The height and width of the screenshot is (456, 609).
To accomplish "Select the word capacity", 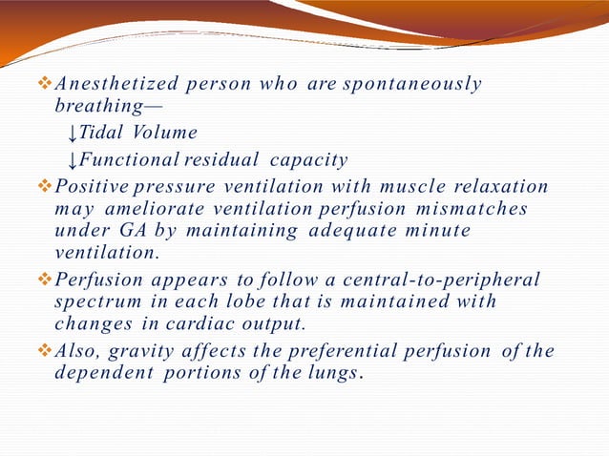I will [309, 159].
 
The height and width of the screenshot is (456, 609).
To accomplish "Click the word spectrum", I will [94, 302].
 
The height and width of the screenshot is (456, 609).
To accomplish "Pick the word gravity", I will [124, 350].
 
